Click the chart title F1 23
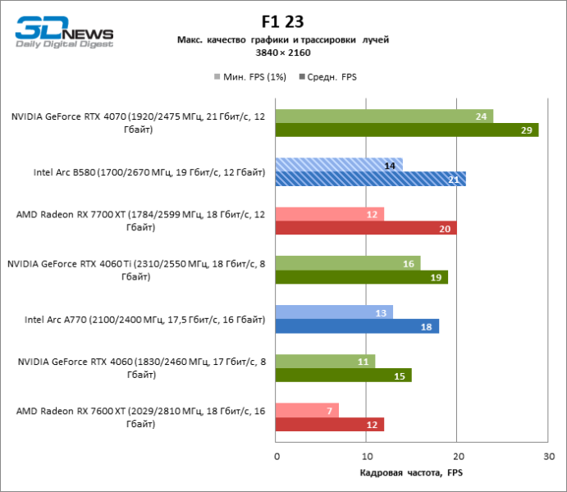click(x=283, y=21)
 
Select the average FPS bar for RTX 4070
click(x=407, y=130)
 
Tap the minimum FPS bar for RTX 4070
click(x=384, y=116)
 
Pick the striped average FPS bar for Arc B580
click(x=371, y=179)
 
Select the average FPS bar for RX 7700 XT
click(x=366, y=228)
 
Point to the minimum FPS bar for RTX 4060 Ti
click(x=348, y=263)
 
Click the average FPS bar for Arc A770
click(x=358, y=326)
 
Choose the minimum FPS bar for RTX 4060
click(x=326, y=362)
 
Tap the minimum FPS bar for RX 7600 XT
click(x=308, y=411)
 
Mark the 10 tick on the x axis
click(x=367, y=455)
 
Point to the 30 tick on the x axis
click(x=547, y=455)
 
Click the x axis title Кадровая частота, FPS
click(x=411, y=473)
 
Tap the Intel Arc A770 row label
click(x=144, y=319)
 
